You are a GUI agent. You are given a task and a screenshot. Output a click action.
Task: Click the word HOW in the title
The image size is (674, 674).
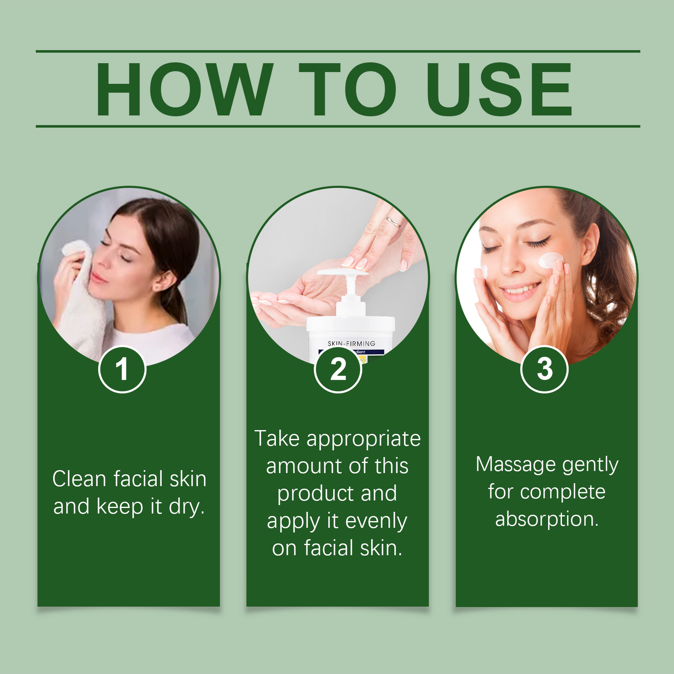[184, 89]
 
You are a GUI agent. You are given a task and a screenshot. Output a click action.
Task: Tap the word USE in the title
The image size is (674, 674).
[499, 89]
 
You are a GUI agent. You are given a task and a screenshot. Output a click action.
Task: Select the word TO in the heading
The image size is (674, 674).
[347, 89]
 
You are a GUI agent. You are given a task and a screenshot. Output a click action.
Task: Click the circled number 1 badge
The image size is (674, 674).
[122, 369]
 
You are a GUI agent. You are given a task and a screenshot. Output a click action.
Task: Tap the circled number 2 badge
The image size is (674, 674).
[338, 369]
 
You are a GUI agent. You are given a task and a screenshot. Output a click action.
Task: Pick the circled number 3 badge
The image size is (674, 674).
[544, 369]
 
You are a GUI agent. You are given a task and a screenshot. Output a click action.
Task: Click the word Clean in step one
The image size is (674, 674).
[79, 479]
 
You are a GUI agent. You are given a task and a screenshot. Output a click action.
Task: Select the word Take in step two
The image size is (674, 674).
[277, 439]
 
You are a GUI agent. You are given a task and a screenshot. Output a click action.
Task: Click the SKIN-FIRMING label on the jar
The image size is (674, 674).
[351, 343]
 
